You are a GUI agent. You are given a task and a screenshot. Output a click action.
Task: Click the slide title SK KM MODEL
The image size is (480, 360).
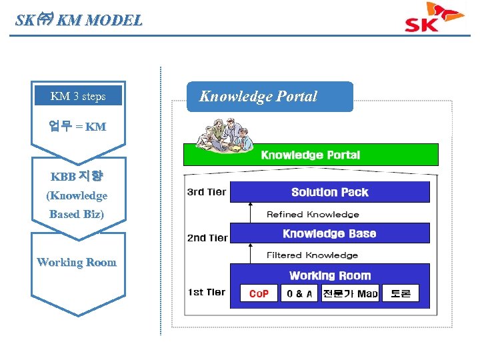tap(79, 20)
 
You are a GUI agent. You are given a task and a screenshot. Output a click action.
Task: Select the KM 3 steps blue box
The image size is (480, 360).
tap(78, 96)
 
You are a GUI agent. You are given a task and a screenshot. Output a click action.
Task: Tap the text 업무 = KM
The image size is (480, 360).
tap(77, 126)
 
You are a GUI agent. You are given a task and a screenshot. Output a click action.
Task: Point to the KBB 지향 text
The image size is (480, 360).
tap(77, 177)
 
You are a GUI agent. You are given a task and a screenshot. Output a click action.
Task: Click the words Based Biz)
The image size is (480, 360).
tap(77, 214)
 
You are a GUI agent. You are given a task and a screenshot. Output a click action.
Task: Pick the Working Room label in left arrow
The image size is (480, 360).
tap(77, 262)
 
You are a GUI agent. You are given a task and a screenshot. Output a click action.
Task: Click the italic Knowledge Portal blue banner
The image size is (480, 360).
tap(269, 97)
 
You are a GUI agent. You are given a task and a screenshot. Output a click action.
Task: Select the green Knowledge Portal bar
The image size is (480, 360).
tap(311, 155)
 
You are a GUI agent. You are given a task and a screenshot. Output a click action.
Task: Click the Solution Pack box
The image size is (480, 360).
tap(329, 192)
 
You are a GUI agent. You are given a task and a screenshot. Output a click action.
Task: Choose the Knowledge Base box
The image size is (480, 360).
tap(329, 233)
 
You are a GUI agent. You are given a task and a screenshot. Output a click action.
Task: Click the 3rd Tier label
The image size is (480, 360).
tap(206, 192)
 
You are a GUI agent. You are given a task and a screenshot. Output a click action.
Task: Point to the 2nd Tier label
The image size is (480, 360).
tap(207, 237)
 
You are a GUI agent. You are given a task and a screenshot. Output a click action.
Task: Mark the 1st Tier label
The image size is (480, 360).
tap(206, 292)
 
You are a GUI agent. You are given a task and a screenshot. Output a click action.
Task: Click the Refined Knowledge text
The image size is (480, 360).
tap(313, 214)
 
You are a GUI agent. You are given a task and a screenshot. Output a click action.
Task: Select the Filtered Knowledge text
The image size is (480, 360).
tap(312, 255)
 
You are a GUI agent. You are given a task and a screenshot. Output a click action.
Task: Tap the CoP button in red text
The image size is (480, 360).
tap(259, 293)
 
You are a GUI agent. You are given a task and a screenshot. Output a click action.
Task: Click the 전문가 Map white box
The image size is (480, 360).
tap(349, 293)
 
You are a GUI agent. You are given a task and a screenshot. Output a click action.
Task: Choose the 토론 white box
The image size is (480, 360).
tap(401, 293)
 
